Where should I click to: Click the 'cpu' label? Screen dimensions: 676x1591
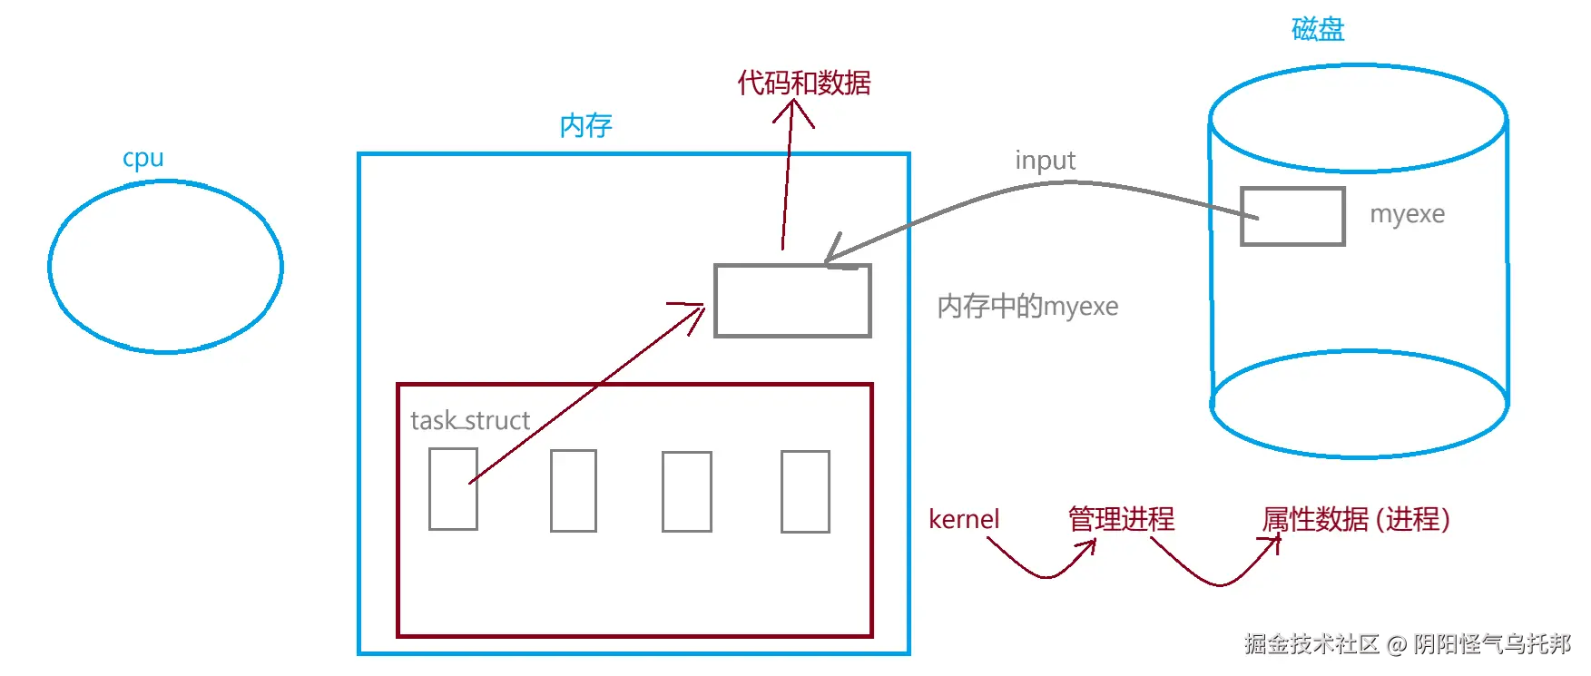click(143, 159)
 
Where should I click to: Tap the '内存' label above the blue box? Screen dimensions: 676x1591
click(585, 125)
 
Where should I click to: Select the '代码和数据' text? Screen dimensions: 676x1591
click(803, 83)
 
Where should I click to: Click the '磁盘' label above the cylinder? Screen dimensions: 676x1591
click(1318, 29)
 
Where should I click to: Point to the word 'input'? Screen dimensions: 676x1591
click(1045, 161)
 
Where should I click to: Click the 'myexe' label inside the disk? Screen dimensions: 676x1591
click(1407, 214)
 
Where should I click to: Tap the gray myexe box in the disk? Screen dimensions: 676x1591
click(1292, 216)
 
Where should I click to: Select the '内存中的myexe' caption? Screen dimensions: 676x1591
click(1027, 306)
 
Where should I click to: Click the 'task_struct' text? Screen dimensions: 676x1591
click(469, 420)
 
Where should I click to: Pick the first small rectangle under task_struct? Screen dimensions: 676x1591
click(453, 489)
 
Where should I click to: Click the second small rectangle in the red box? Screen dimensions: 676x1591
click(574, 490)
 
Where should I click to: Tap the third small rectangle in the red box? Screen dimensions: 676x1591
click(687, 491)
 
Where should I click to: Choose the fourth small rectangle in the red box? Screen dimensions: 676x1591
click(805, 491)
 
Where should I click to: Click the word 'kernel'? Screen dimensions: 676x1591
click(963, 519)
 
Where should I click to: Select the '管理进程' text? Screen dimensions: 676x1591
click(1121, 519)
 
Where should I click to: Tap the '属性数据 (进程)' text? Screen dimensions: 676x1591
click(1355, 519)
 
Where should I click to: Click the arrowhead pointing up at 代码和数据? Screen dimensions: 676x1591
click(793, 109)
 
